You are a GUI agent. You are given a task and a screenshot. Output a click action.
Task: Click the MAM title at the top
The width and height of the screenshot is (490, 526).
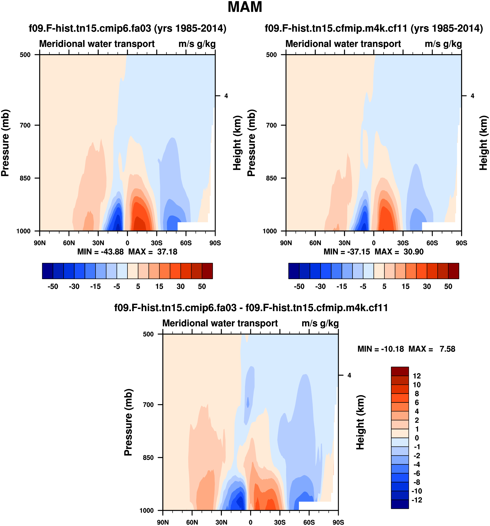click(x=245, y=7)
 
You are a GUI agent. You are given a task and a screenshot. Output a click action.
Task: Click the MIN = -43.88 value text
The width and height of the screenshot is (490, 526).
click(x=100, y=252)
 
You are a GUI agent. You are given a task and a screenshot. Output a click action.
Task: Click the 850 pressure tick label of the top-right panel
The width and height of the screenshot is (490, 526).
click(x=271, y=178)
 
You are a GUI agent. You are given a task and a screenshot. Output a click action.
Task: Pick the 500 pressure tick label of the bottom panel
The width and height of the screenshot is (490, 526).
click(x=148, y=334)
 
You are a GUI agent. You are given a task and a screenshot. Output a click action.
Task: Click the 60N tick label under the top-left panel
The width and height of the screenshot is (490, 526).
click(x=69, y=243)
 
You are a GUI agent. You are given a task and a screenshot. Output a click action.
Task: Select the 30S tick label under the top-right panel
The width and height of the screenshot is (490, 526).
click(x=403, y=243)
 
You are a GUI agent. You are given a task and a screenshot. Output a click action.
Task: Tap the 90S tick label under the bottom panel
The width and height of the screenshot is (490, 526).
click(x=338, y=522)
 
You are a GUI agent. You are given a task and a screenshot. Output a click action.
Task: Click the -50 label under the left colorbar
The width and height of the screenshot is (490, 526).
click(x=53, y=287)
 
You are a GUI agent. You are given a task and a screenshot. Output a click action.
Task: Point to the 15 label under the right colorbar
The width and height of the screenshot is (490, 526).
click(x=405, y=287)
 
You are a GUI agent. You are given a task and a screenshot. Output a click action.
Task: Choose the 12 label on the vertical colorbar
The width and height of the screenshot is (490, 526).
click(x=417, y=376)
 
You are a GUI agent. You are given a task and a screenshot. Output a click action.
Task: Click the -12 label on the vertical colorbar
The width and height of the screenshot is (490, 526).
click(x=417, y=500)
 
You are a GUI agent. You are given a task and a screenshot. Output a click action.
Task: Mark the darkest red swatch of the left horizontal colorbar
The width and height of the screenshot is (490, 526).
click(x=207, y=271)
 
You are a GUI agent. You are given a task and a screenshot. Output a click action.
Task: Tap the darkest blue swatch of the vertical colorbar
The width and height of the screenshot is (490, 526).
click(x=400, y=504)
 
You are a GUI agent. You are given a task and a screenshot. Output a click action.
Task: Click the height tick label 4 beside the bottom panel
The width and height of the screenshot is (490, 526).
click(x=349, y=375)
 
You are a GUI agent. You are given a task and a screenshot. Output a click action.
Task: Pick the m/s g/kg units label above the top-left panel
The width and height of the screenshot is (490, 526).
click(x=197, y=44)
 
